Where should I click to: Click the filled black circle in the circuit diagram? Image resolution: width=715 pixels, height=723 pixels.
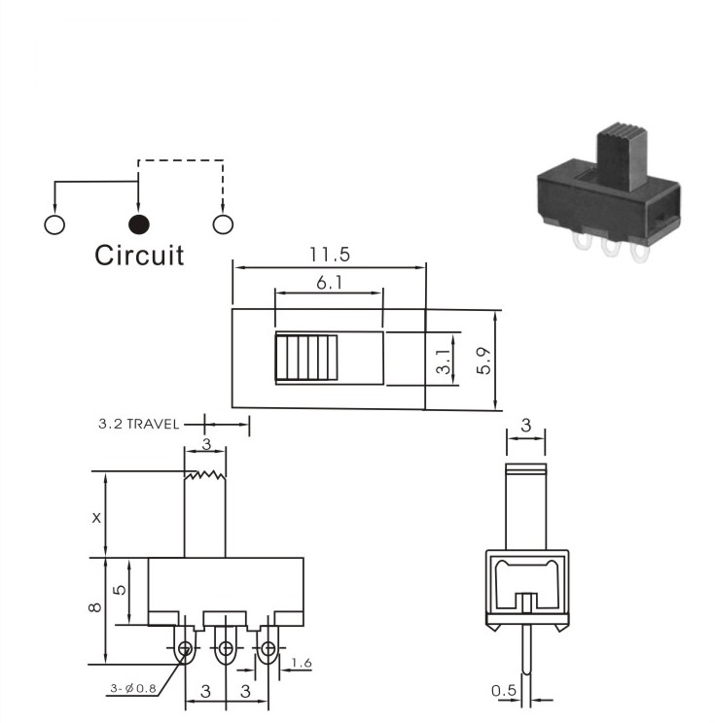point(138,224)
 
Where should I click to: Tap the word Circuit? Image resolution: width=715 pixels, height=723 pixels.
point(139,255)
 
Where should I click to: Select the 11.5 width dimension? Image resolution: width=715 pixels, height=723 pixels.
point(330,255)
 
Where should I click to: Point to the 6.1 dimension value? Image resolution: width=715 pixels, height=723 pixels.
point(329,283)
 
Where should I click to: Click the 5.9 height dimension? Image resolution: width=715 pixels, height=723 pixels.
point(483,361)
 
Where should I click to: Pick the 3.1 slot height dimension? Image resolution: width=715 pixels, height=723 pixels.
point(444,361)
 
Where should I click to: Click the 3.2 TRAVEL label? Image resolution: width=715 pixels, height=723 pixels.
point(138,424)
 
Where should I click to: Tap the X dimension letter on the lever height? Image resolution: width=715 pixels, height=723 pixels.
point(96,518)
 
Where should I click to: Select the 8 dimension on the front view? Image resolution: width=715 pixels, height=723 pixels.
point(94,607)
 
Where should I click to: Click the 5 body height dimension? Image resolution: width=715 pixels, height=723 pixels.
point(119,590)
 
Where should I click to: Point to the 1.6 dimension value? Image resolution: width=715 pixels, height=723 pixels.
point(302,663)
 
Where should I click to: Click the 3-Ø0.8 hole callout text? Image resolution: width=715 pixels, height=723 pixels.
point(133,688)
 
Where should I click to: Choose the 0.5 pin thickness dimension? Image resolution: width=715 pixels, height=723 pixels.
point(504,690)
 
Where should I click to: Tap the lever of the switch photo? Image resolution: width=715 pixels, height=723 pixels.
point(622,156)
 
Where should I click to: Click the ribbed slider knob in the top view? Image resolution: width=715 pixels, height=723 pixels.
point(306,358)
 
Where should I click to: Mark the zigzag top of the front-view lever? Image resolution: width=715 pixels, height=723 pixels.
point(205,475)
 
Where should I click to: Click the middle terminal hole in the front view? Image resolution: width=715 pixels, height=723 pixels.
point(226,649)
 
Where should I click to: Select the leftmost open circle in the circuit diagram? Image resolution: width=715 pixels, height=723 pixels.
point(54,224)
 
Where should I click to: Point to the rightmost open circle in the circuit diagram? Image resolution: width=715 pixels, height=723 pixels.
point(223,224)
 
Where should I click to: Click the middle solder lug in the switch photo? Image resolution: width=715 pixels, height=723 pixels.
point(609,248)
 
